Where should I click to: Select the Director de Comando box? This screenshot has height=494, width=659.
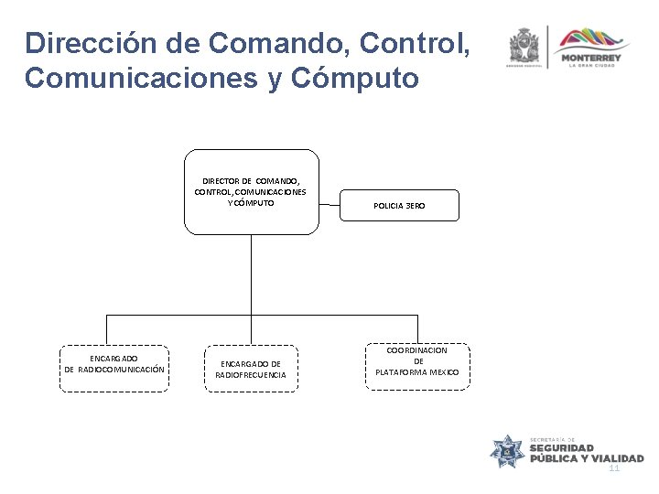coord(251,190)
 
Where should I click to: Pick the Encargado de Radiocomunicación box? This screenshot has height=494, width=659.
coord(114,368)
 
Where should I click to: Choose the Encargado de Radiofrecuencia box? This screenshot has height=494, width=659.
coord(251,369)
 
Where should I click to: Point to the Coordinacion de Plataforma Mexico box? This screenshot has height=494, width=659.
coord(417,365)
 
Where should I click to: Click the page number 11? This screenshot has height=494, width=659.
coord(614,467)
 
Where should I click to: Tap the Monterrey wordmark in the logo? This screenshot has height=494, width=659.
coord(592,59)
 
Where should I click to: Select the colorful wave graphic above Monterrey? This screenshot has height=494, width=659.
coord(593,38)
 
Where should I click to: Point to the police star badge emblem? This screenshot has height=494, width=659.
coord(509,451)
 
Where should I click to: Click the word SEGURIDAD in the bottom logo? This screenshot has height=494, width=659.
coord(567,448)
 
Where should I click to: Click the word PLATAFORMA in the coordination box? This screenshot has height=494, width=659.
coord(405,372)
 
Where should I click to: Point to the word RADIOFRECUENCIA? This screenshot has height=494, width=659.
coord(251,375)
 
